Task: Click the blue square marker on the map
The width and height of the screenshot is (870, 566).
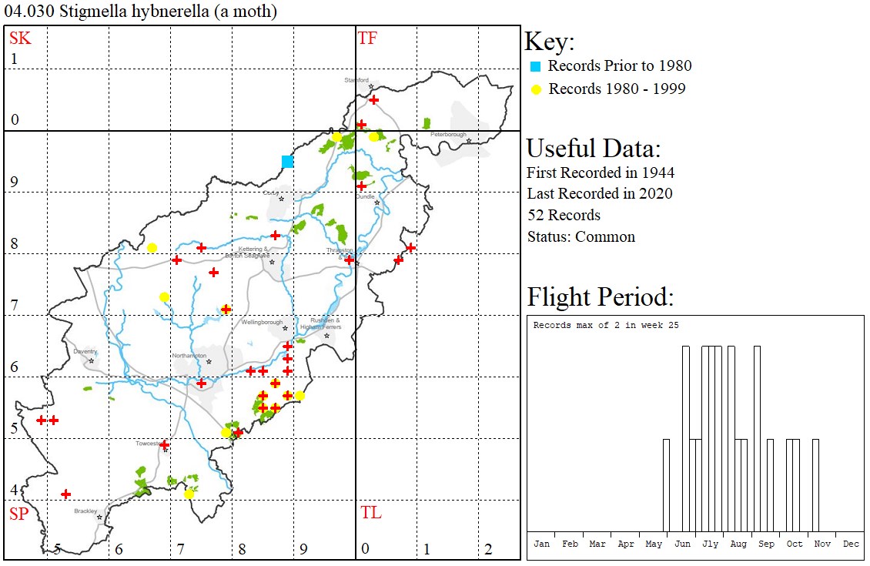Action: [x=287, y=161]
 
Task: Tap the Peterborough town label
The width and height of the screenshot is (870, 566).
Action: [x=449, y=135]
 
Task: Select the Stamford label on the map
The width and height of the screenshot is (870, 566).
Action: [x=356, y=80]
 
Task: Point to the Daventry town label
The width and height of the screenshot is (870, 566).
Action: [x=85, y=351]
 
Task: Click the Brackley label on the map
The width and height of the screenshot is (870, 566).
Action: [x=85, y=511]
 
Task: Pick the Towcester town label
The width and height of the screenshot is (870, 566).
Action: [x=147, y=444]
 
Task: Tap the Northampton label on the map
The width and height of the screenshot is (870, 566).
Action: [x=189, y=356]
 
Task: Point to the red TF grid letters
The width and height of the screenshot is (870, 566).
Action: [x=368, y=38]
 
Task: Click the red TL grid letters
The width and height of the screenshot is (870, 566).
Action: [x=370, y=513]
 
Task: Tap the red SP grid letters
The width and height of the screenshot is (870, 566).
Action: [x=18, y=514]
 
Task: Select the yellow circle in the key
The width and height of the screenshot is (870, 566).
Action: [x=536, y=89]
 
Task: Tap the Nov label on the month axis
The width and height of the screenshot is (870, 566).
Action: [x=822, y=544]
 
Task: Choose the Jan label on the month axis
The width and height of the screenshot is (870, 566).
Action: [x=542, y=544]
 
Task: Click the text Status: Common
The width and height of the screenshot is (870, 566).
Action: [x=581, y=236]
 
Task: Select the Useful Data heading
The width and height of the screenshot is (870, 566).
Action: [x=593, y=148]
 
